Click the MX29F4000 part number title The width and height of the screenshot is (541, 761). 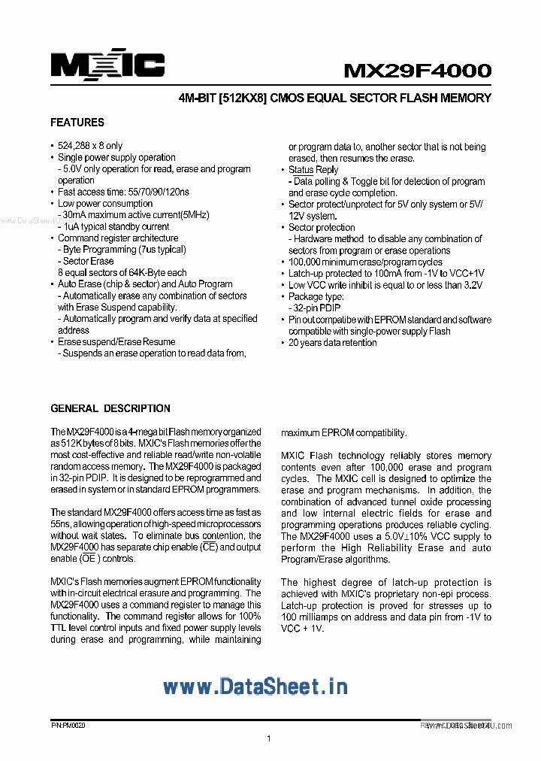[x=417, y=71]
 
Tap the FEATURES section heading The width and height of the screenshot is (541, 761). [x=77, y=123]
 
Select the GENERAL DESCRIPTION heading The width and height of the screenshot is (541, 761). [x=110, y=408]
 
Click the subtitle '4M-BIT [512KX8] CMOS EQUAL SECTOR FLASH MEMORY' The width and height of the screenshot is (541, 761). [x=335, y=99]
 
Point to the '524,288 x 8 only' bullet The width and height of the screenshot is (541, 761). [x=90, y=146]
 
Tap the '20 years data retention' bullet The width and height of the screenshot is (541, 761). [x=333, y=343]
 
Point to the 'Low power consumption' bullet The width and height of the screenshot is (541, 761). [x=105, y=204]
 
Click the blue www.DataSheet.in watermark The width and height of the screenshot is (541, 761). [x=255, y=687]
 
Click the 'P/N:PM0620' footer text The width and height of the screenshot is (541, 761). [x=68, y=726]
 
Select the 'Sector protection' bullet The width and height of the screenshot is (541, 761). [x=322, y=228]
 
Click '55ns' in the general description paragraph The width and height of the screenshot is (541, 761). [x=62, y=525]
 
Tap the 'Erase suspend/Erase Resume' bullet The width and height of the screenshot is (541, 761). [x=116, y=342]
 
